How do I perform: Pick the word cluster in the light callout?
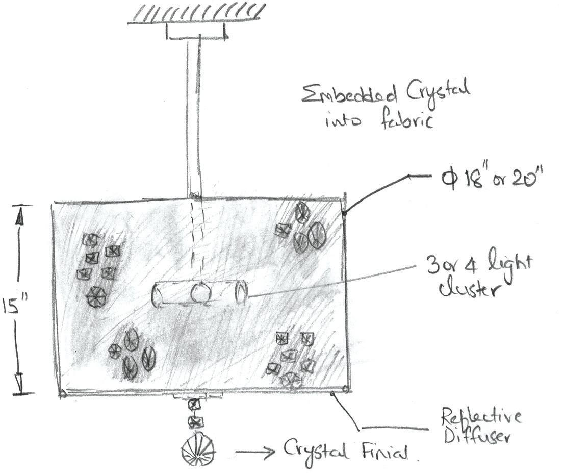[465, 289]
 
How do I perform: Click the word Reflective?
[481, 417]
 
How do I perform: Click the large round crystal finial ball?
[198, 451]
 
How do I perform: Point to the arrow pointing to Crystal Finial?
[255, 452]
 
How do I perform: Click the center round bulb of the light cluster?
[200, 293]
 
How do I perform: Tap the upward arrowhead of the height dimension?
[20, 218]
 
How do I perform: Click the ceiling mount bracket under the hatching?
[196, 32]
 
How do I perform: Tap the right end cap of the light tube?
[241, 292]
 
